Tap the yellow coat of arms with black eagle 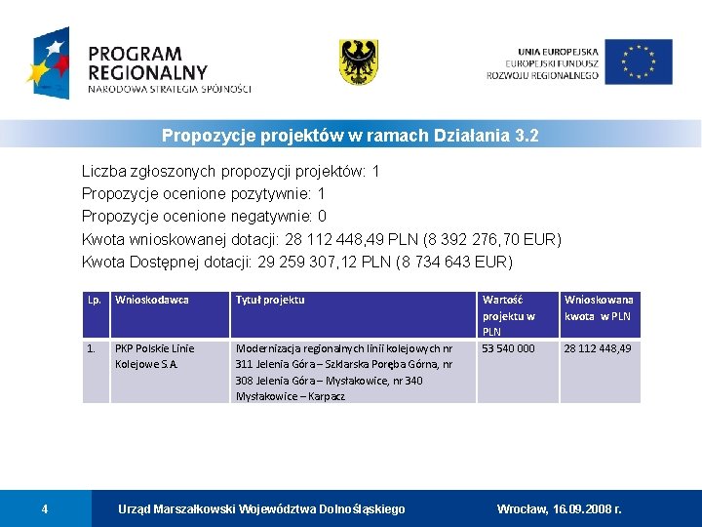[x=358, y=61]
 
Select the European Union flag [x=638, y=61]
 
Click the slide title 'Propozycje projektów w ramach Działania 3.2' [x=350, y=136]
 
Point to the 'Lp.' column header [x=95, y=300]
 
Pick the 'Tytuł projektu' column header [x=270, y=300]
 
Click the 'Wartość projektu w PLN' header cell [x=508, y=315]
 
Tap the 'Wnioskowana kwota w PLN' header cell [x=598, y=307]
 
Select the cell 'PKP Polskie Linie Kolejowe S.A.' [x=155, y=356]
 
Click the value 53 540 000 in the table [x=508, y=348]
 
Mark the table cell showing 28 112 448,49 [x=598, y=348]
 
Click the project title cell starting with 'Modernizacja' [x=343, y=372]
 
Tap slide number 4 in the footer [x=45, y=508]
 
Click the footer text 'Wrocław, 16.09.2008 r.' [x=559, y=508]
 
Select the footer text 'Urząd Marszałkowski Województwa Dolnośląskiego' [x=261, y=508]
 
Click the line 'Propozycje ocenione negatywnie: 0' [x=204, y=217]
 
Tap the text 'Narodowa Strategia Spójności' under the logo [x=169, y=89]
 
